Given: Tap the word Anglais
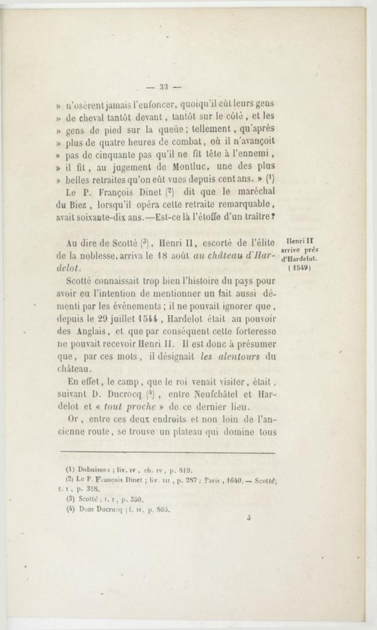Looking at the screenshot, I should (88, 331).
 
